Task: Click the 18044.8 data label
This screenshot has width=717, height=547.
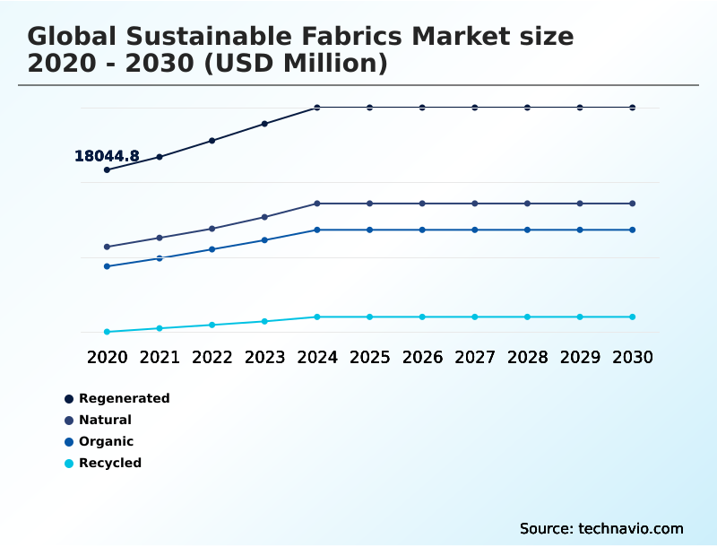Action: point(107,156)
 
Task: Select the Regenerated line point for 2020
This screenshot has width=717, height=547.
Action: point(107,169)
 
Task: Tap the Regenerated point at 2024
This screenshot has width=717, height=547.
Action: point(317,108)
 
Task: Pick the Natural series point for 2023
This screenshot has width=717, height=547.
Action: point(264,217)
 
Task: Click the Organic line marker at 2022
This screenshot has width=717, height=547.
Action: point(212,249)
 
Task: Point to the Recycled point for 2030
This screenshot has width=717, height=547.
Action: point(633,317)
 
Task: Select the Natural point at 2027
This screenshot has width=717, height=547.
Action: point(475,204)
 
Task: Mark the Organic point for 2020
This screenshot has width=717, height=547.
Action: point(107,266)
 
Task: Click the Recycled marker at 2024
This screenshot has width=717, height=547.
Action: point(317,317)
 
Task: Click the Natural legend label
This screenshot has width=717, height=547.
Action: point(105,420)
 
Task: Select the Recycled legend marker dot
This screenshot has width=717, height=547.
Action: point(69,464)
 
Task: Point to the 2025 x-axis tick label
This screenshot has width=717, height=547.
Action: point(369,357)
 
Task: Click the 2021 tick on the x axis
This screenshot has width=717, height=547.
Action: point(160,357)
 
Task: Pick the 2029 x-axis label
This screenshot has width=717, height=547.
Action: point(580,357)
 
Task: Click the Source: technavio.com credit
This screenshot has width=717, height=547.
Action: point(601,528)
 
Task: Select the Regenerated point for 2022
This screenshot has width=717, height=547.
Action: point(212,141)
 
